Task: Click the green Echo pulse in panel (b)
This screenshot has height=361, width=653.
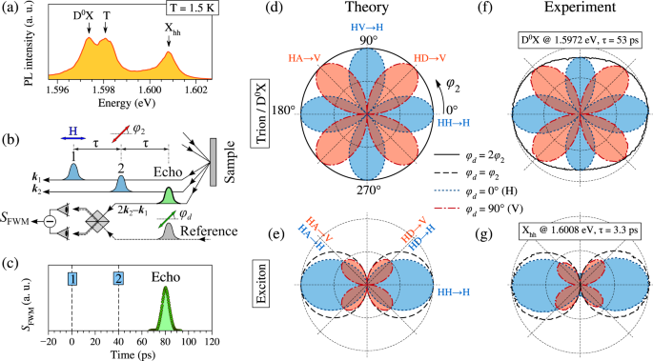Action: [169, 197]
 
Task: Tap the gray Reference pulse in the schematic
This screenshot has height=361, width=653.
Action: [168, 229]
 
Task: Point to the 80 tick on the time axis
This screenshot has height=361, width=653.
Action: [168, 341]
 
